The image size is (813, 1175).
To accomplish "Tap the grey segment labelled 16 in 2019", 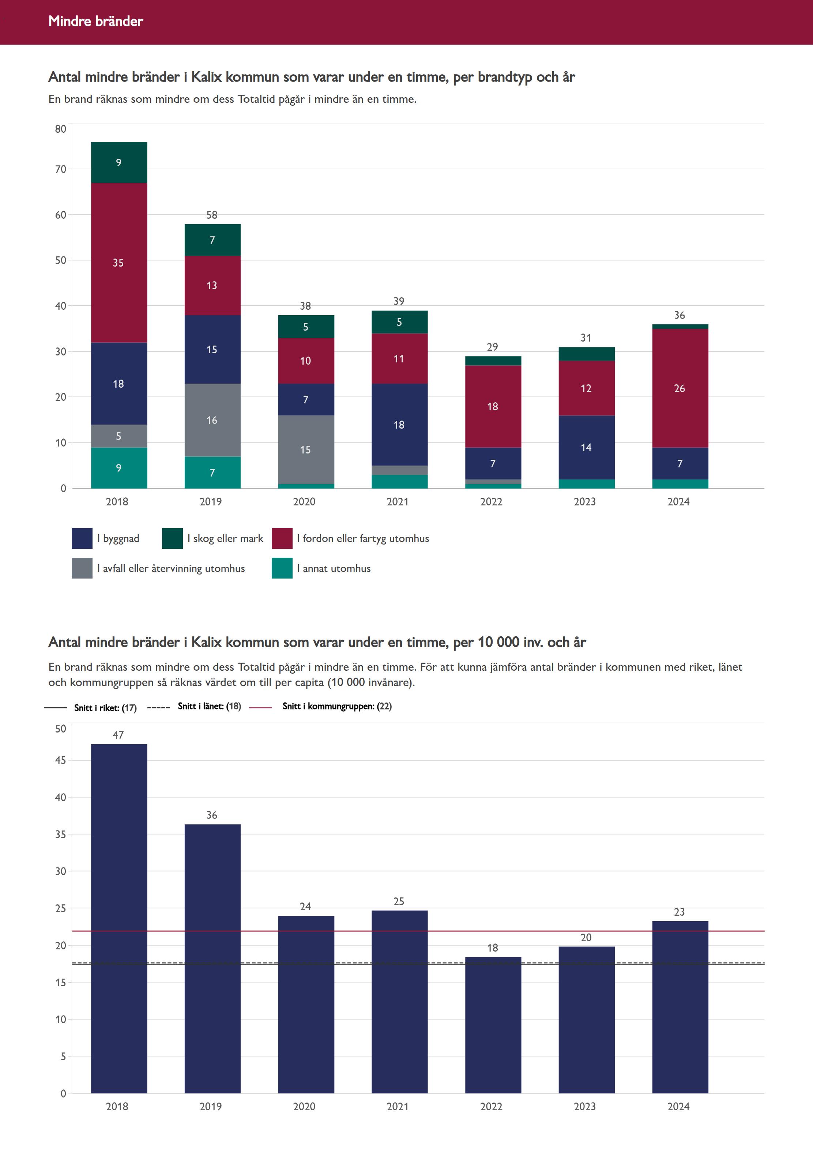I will pos(212,420).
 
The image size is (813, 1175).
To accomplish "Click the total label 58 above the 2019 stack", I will pos(212,215).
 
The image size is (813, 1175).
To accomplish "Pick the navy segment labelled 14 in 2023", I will pos(586,447).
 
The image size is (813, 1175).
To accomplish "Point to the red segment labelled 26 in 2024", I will pos(680,388).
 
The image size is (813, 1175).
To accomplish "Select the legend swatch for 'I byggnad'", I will pos(82,538).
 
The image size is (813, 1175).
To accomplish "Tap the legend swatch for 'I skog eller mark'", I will pos(172,538).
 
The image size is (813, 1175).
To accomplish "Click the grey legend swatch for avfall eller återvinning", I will pos(82,568).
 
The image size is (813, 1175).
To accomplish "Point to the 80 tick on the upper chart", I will pos(61,129).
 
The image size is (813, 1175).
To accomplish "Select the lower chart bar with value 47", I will pos(119,917).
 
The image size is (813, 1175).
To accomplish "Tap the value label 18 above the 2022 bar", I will pos(493,948).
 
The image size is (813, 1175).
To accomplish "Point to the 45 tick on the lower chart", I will pos(61,760).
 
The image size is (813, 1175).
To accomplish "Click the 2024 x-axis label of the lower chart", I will pos(678,1107).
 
